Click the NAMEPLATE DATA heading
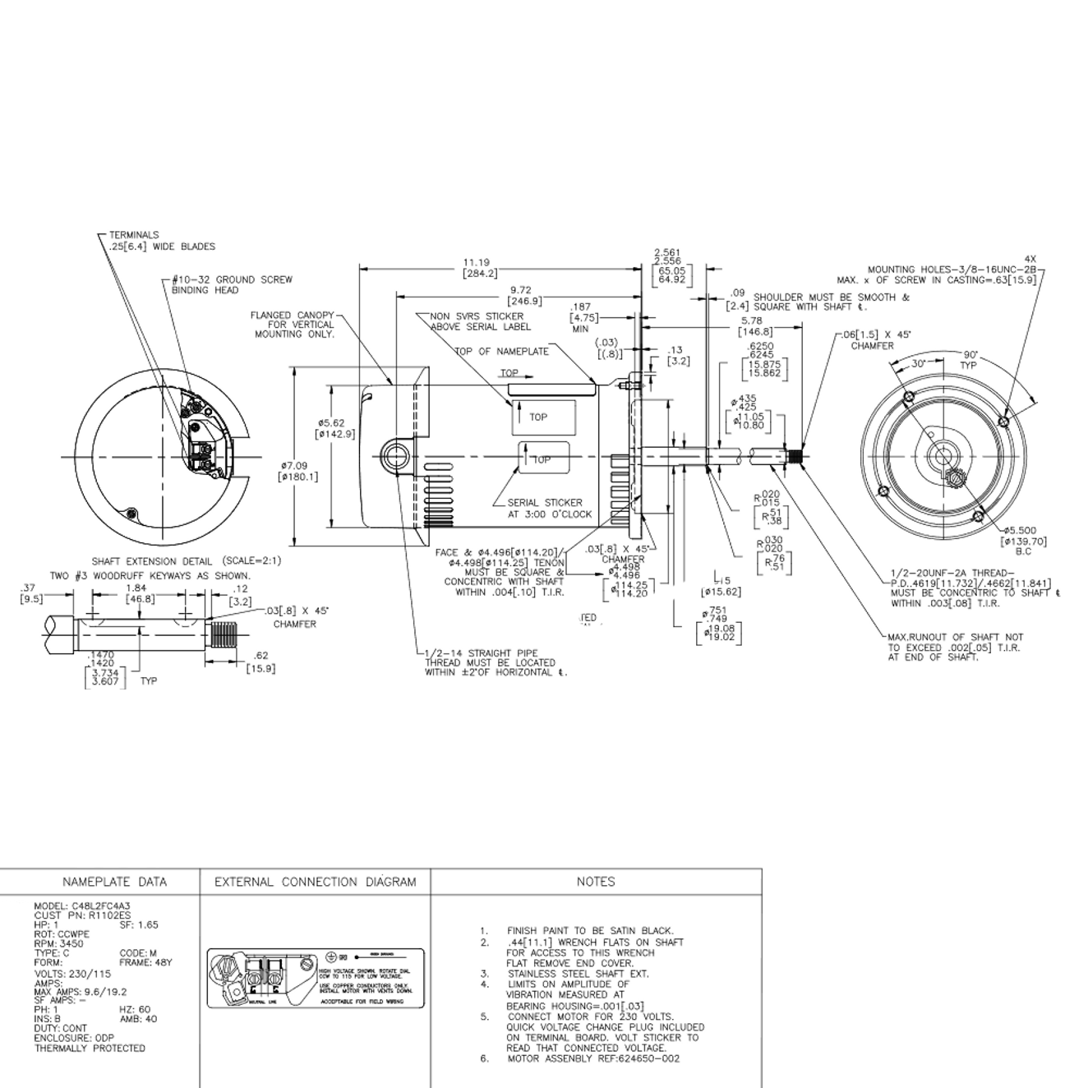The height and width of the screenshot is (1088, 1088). click(114, 882)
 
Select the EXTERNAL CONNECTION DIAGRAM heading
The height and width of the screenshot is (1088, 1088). click(315, 882)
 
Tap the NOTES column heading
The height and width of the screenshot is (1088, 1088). click(596, 882)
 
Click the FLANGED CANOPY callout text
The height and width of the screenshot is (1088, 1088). click(293, 325)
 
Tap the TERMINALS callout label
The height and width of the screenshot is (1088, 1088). click(134, 235)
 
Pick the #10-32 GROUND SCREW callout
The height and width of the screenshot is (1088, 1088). click(232, 284)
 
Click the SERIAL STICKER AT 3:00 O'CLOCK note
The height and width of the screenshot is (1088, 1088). click(549, 508)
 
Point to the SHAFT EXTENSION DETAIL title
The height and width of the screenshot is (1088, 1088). click(186, 560)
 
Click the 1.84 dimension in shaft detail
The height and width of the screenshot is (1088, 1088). click(136, 593)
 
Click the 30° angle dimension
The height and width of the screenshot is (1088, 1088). click(918, 362)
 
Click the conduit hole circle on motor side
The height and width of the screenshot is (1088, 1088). click(398, 457)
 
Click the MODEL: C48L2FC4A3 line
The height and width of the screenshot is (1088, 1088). click(82, 905)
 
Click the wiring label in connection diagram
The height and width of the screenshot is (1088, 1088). click(315, 978)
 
